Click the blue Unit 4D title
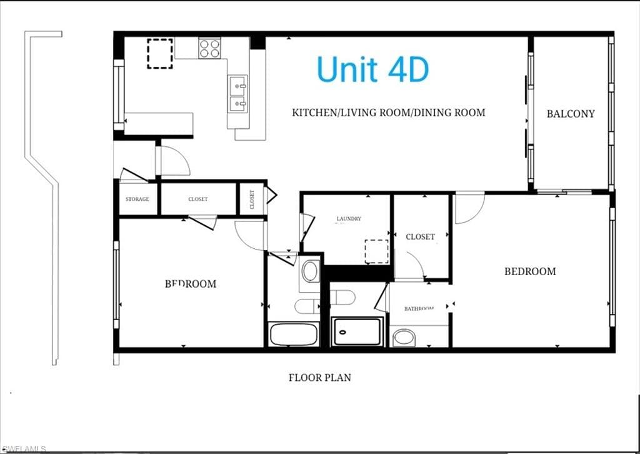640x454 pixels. tap(372, 69)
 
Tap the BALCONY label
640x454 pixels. tap(570, 114)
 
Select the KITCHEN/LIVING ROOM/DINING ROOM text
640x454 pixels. tap(388, 113)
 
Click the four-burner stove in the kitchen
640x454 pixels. tap(210, 48)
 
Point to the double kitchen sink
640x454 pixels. tap(238, 93)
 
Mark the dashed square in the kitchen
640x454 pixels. tap(160, 53)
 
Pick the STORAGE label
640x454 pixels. tap(137, 199)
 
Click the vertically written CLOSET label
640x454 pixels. tap(252, 199)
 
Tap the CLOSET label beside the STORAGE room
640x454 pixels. tap(197, 199)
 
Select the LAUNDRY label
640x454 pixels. tap(349, 219)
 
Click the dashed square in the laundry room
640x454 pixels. tap(376, 251)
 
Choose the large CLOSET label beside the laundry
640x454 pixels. tap(420, 237)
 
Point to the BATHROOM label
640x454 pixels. tap(419, 308)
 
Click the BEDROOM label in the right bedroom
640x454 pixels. tap(530, 271)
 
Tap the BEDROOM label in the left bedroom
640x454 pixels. tap(191, 283)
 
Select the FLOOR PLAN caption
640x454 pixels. tap(319, 378)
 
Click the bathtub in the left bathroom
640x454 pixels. tap(294, 335)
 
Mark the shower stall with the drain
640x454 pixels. tap(357, 332)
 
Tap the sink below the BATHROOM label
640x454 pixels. tap(404, 338)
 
